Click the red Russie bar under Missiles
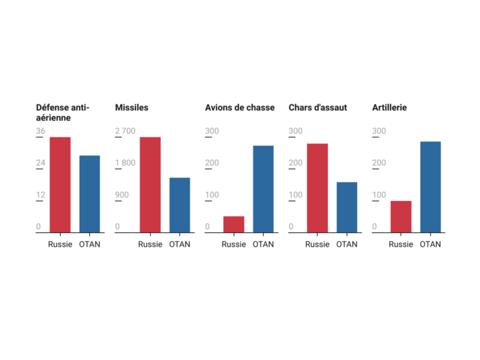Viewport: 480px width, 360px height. tap(150, 185)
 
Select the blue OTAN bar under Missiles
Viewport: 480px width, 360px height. tap(179, 205)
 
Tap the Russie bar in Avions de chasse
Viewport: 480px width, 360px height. tap(234, 224)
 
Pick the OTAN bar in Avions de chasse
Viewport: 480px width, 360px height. tap(263, 189)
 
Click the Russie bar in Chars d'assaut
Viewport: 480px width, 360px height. tap(317, 188)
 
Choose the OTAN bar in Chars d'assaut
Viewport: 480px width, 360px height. tap(347, 207)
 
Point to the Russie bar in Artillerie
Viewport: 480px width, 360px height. tap(400, 216)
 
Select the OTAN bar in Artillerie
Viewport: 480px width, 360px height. tap(430, 187)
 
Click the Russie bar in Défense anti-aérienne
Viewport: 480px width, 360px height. tap(60, 185)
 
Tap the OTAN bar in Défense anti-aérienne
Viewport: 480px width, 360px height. tap(89, 194)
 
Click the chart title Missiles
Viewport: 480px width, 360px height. tap(131, 107)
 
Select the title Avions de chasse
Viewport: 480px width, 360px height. tap(239, 107)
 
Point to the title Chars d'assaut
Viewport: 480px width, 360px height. tap(317, 107)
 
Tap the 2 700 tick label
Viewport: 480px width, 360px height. tap(125, 131)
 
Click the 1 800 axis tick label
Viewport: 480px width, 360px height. tap(125, 163)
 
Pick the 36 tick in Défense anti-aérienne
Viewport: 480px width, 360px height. tap(40, 131)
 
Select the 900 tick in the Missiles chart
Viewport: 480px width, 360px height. tap(121, 195)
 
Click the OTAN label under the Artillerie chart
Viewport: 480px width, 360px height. tap(430, 244)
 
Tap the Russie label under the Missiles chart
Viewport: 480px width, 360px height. tap(150, 244)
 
